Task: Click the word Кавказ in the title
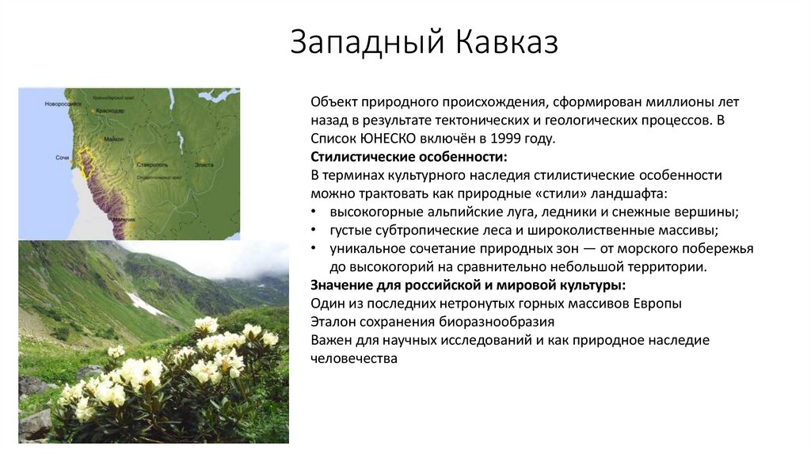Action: coord(506,43)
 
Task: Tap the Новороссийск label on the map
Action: coord(63,104)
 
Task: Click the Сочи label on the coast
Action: coord(63,158)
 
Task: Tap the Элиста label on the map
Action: coord(204,163)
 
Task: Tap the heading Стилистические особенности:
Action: coord(409,156)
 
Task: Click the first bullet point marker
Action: coord(314,212)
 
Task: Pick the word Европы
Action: coord(655,304)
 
